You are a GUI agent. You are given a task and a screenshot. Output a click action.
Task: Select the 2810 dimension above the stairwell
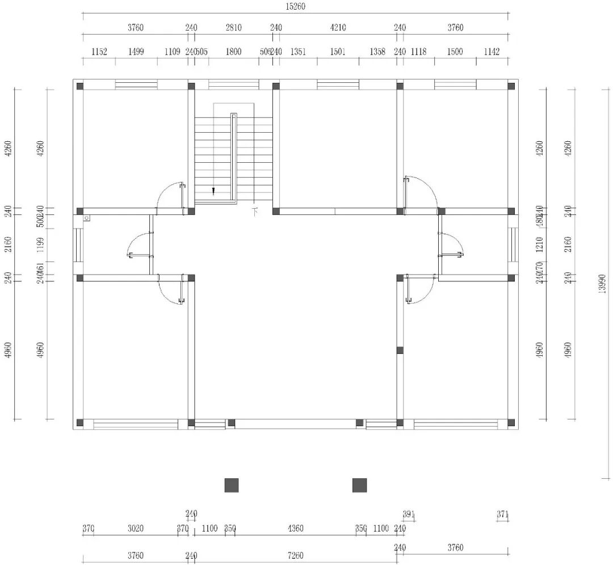233,28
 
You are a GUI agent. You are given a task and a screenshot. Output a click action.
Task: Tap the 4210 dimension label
338,28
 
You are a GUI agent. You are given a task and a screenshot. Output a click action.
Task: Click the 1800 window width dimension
233,52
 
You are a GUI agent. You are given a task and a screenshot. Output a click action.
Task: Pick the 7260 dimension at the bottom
295,555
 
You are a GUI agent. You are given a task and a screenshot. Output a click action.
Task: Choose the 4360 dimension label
295,529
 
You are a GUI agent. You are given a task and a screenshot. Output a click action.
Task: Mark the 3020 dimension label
135,529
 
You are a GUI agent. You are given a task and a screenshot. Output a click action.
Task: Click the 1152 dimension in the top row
99,52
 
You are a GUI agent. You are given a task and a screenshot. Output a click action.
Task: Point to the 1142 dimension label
492,52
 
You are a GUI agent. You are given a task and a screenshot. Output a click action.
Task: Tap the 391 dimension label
409,515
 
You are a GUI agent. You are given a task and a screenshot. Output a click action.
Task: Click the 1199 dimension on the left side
40,245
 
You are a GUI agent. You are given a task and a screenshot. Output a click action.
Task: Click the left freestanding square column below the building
232,485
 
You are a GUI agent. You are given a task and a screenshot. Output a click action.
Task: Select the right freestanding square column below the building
359,485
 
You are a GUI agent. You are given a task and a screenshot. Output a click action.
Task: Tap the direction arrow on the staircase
213,191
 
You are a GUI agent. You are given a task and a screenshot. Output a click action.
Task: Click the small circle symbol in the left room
86,218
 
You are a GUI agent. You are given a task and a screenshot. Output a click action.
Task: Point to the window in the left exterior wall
78,245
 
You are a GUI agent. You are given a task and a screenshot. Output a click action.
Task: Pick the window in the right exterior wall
514,245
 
